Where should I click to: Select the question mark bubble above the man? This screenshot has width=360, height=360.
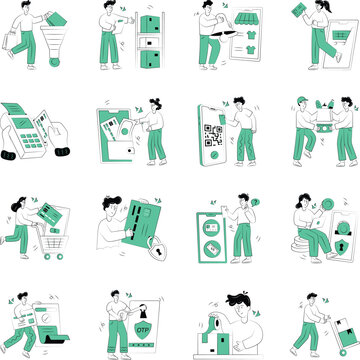255,201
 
